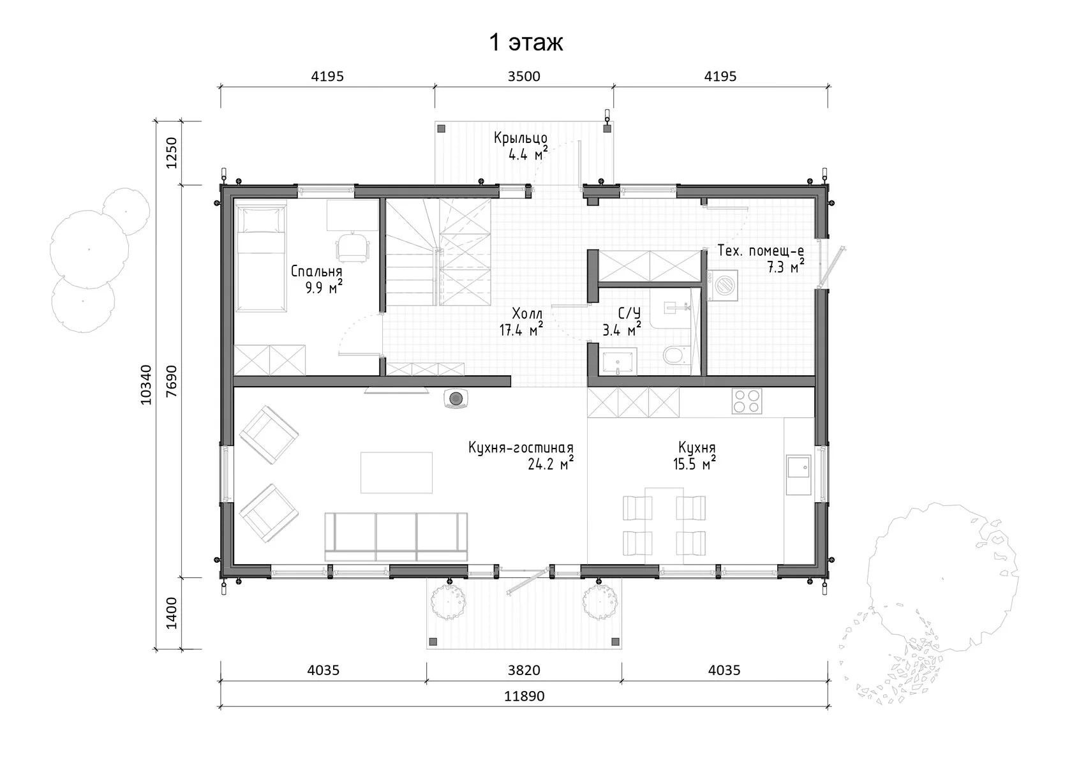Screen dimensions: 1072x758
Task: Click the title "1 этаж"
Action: point(526,43)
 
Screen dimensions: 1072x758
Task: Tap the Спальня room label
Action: point(316,272)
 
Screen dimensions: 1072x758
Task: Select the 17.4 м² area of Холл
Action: point(521,329)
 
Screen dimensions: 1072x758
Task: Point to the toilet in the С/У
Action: point(674,355)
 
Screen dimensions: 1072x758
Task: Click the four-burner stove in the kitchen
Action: point(747,401)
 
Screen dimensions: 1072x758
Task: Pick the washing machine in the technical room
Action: point(722,286)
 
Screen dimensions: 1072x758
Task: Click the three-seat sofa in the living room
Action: point(396,537)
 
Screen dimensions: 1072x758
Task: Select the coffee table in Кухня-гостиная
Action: point(396,472)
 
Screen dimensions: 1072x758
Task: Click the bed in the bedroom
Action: point(262,259)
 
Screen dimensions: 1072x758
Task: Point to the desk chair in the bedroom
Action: point(353,247)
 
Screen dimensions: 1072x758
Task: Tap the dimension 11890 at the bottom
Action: point(524,695)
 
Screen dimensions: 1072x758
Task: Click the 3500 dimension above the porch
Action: point(524,77)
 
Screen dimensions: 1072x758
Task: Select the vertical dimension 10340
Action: point(147,385)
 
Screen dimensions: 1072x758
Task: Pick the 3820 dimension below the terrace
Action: point(524,670)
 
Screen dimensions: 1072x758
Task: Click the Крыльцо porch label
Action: point(521,138)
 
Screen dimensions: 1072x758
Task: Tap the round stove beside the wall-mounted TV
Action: point(456,399)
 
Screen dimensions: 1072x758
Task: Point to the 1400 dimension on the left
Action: point(172,614)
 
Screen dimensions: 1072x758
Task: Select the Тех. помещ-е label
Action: point(761,251)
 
